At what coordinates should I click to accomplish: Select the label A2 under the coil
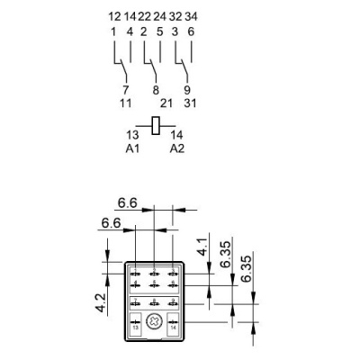(x=176, y=148)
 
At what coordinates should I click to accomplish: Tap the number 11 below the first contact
(x=126, y=104)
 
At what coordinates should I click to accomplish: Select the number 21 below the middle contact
(x=165, y=104)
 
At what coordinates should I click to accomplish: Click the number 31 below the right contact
(x=191, y=104)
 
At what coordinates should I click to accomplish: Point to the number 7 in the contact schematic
(x=126, y=90)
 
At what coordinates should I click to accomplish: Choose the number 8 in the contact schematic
(x=156, y=90)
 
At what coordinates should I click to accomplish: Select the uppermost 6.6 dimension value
(x=128, y=204)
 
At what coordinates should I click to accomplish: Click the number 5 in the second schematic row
(x=159, y=31)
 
